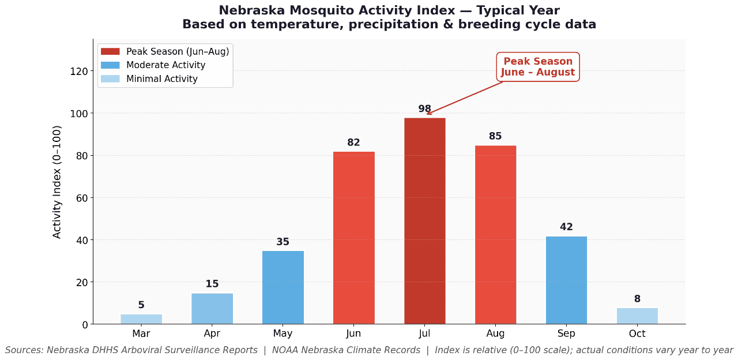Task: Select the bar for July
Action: [x=424, y=221]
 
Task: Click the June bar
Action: [x=353, y=238]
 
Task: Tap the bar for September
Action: [x=566, y=280]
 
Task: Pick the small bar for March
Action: [x=141, y=319]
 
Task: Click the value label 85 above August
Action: [x=495, y=137]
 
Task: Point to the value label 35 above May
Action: [x=283, y=242]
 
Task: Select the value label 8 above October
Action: [x=637, y=299]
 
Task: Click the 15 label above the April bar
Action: [x=212, y=284]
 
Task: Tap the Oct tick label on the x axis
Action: [x=637, y=333]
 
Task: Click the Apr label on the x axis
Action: [x=212, y=333]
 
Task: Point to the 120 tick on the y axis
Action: [x=80, y=72]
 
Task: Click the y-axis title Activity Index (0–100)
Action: [x=57, y=182]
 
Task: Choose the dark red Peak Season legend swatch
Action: [x=110, y=52]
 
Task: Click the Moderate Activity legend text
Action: [x=165, y=65]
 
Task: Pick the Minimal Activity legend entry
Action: [x=161, y=79]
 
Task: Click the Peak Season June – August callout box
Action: [x=537, y=67]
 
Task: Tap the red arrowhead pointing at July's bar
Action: [x=428, y=114]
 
